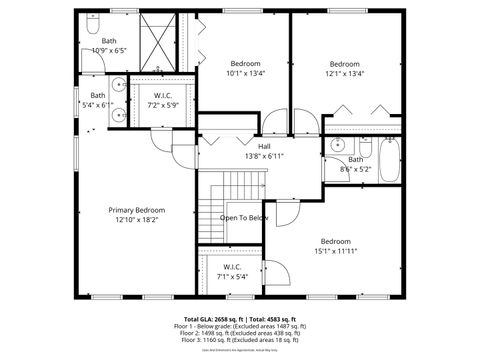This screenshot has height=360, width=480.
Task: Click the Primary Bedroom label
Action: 137,210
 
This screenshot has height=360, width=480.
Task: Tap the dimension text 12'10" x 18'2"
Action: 137,220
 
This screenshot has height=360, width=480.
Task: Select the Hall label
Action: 264,147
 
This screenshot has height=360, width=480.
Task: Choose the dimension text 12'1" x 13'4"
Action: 345,73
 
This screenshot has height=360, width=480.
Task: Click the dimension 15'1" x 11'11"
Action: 336,251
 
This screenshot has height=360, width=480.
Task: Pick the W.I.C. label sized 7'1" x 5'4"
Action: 232,267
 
